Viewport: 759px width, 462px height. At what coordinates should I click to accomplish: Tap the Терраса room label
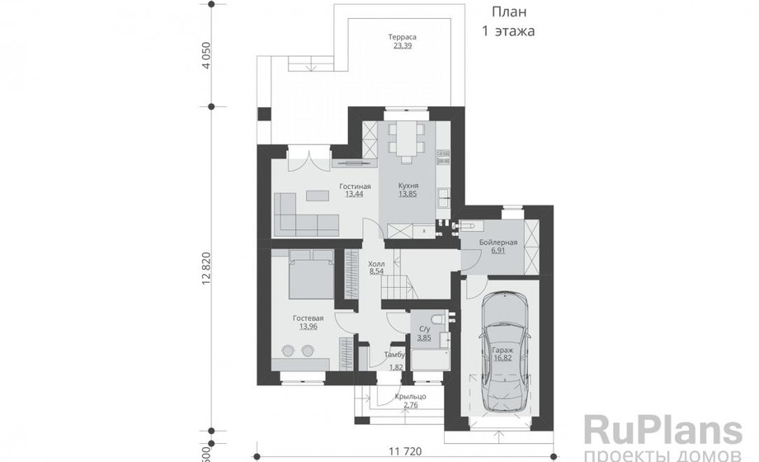coord(403,37)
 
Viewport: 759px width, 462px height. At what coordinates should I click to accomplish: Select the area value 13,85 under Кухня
coord(408,194)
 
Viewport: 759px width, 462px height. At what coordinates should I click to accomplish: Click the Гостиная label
coord(355,186)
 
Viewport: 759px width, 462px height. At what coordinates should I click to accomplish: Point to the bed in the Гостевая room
coord(311,274)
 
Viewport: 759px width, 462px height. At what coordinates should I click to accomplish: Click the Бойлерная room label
coord(498,243)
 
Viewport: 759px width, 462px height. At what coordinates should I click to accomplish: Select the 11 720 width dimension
coord(405,451)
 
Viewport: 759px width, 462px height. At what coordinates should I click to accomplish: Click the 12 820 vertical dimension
coord(207,269)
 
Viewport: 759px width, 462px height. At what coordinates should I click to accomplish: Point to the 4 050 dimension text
coord(207,56)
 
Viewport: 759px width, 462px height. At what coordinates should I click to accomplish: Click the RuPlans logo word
coord(662,431)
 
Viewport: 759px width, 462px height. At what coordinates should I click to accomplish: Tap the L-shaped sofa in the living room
coord(306,214)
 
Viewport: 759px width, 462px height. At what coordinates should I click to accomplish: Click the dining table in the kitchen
coord(407,138)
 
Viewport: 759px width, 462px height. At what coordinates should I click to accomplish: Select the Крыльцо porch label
coord(411,397)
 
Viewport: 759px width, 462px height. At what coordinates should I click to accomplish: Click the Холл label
coord(376,263)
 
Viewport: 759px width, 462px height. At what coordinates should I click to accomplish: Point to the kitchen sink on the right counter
coord(443,195)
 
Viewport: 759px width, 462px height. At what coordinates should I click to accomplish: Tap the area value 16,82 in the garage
coord(503,358)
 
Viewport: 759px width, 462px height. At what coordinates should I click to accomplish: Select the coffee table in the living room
coord(317,196)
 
